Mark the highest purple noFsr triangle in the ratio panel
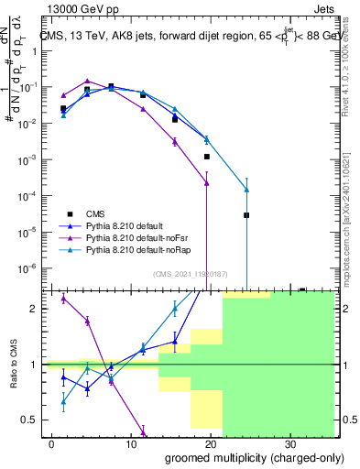[x=63, y=299]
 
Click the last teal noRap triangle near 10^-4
[x=246, y=190]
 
